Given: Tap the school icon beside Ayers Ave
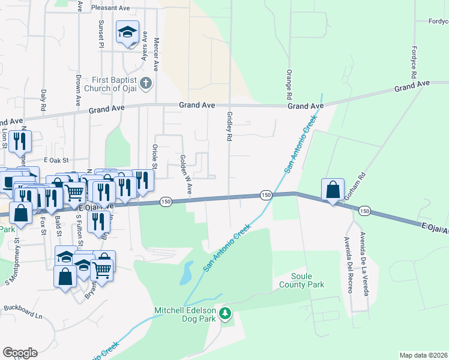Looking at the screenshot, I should pos(127,32).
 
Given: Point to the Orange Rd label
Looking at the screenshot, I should pos(289,85).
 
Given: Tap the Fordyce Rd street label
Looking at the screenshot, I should pos(414,62).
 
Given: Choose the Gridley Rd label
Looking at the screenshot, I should pos(229,126).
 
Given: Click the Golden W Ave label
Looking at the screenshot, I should pos(185,174).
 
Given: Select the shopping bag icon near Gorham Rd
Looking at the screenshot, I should pos(333,190).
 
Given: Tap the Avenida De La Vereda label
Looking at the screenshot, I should pos(363,263).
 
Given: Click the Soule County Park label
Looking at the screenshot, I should pos(301,280).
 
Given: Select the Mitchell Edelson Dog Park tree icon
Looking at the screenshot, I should pos(225,313).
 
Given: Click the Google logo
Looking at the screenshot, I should pos(20,353).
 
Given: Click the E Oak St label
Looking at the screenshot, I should pos(57,160).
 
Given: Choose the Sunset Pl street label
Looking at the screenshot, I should pos(101,33).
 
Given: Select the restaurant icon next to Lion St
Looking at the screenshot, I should pos(20,141).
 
